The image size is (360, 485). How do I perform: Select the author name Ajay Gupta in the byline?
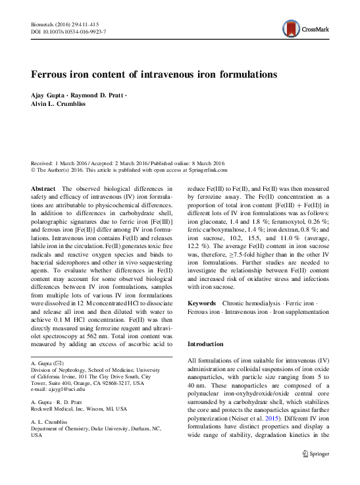pyautogui.click(x=50, y=96)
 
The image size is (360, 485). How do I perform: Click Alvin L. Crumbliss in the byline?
pyautogui.click(x=61, y=105)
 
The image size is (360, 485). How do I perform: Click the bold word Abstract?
pyautogui.click(x=44, y=188)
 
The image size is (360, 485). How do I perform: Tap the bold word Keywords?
pyautogui.click(x=202, y=303)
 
